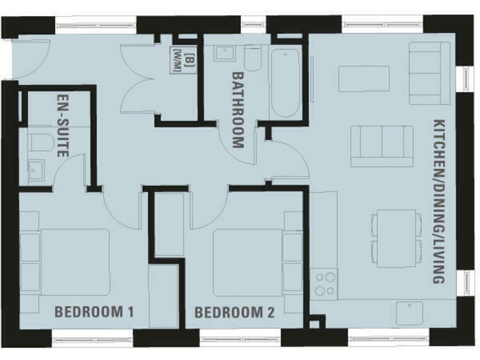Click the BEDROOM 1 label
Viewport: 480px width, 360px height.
[x=94, y=311]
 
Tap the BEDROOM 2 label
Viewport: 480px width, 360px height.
[x=234, y=312]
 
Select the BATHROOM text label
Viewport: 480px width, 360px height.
[x=237, y=109]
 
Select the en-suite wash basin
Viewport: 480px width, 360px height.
[x=36, y=168]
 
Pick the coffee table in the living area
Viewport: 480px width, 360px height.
[x=364, y=79]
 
